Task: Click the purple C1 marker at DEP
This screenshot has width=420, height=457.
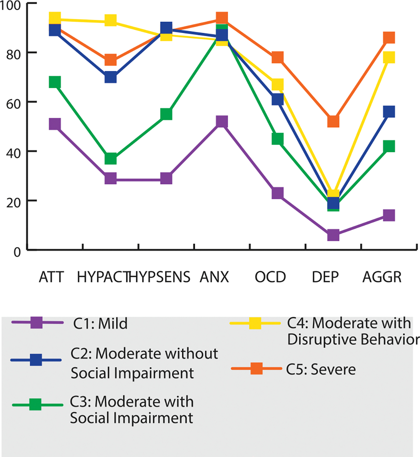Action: [333, 235]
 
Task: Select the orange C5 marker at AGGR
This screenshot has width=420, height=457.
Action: [389, 37]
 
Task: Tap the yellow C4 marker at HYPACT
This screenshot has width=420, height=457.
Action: [111, 20]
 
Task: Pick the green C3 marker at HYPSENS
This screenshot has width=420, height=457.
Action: [166, 114]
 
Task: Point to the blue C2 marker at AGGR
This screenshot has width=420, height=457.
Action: [389, 112]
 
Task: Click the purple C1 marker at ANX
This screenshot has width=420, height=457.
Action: [222, 122]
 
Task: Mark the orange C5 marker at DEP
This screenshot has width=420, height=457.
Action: [333, 122]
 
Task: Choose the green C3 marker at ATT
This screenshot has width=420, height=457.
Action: [55, 82]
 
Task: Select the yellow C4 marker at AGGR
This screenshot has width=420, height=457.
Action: [389, 57]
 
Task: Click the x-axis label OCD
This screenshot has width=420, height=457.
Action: [270, 277]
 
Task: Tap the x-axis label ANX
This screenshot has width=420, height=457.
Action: [214, 277]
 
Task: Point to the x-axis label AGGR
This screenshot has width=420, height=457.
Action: [382, 277]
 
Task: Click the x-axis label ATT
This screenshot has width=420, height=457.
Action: [51, 277]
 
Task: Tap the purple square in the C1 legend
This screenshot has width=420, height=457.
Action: [36, 323]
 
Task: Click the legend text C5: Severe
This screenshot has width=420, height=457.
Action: [321, 370]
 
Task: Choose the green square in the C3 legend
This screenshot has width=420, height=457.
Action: [35, 404]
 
